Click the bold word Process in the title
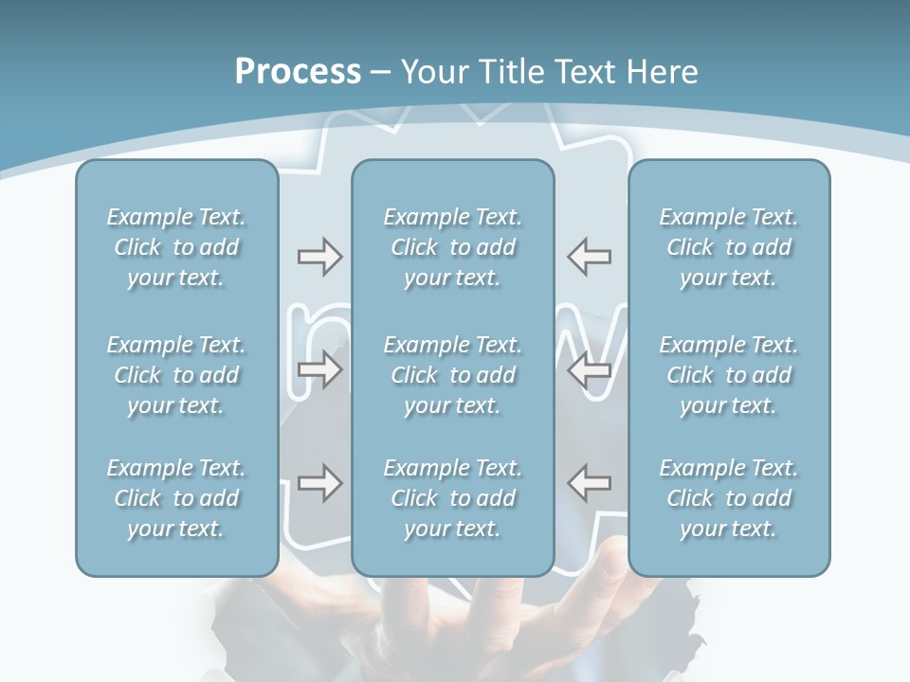[x=298, y=72]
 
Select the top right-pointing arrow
[x=319, y=257]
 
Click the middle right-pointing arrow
[x=319, y=369]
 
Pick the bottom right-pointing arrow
[x=319, y=483]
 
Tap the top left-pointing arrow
[x=590, y=257]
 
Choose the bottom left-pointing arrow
[x=590, y=483]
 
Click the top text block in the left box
[x=176, y=247]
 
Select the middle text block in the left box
[x=176, y=375]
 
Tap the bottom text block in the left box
[x=176, y=498]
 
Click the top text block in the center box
[x=453, y=247]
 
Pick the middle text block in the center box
[x=453, y=375]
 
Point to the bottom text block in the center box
[x=453, y=498]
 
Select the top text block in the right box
[x=729, y=247]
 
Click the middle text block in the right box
[x=729, y=375]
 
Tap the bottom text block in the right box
[x=729, y=498]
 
